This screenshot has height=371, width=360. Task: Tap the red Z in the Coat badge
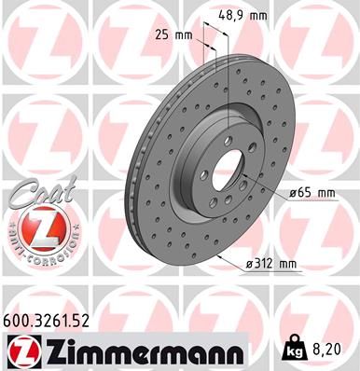(x=36, y=228)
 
